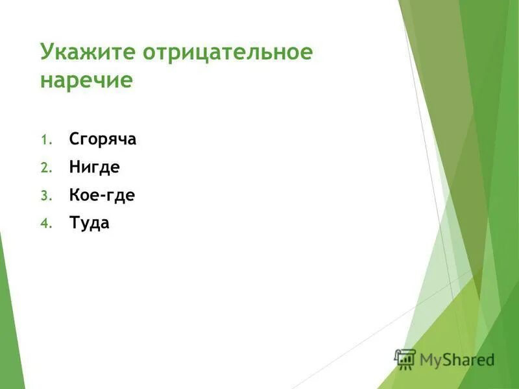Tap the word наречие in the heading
click(86, 81)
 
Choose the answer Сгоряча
click(103, 139)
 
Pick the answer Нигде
click(94, 167)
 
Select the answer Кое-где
click(102, 195)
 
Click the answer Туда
click(89, 224)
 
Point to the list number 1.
click(45, 140)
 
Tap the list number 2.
click(45, 168)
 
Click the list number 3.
click(45, 196)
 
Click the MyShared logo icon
click(405, 359)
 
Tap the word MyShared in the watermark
click(457, 360)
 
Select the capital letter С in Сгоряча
click(74, 139)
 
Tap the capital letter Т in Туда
click(74, 224)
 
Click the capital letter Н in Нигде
click(75, 167)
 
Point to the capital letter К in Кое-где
click(75, 195)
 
